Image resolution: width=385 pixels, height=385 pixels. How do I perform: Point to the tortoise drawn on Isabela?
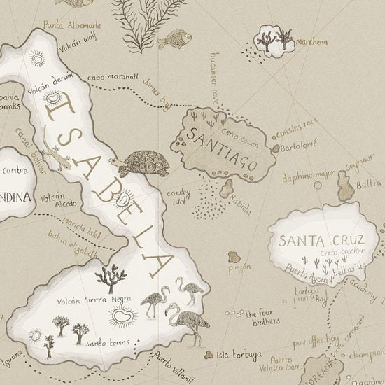point(143,163)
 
